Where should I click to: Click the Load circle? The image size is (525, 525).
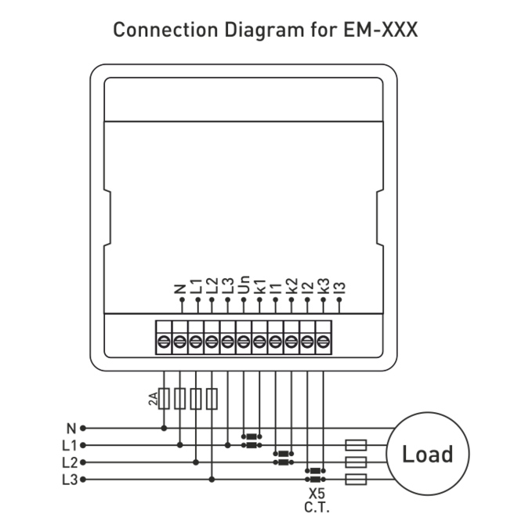point(427,454)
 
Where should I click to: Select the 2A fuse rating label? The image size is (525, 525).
point(154,400)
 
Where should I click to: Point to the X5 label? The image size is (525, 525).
point(317,494)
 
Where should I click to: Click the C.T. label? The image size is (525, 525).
point(317,508)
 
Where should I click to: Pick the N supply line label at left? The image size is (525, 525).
point(71,429)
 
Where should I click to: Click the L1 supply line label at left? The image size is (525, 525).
point(69,445)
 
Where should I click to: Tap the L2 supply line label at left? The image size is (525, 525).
point(69,462)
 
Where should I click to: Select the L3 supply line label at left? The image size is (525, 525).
point(69,478)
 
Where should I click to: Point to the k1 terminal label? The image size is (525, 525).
point(260,285)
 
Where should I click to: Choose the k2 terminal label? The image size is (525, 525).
point(291,285)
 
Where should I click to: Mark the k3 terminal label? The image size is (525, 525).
point(323,285)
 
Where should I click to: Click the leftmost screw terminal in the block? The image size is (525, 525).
point(165,341)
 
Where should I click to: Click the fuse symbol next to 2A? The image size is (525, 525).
point(165,399)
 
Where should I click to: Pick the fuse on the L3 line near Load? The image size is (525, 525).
point(356,478)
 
